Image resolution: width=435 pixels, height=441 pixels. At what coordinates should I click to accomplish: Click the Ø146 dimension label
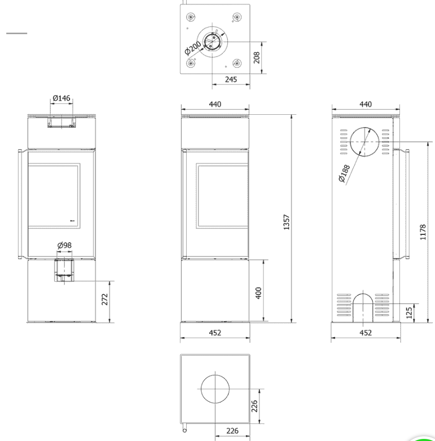point(61,98)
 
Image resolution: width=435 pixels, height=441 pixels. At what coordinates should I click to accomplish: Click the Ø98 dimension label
point(64,245)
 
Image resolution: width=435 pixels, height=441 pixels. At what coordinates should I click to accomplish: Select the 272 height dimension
point(105,299)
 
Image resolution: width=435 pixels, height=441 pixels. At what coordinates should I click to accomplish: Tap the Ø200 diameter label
point(193,48)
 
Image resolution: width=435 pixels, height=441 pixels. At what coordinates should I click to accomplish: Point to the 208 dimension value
point(256,57)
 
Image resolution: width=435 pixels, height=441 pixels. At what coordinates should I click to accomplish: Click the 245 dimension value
point(231,79)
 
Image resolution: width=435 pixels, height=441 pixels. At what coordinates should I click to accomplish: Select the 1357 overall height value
point(286,222)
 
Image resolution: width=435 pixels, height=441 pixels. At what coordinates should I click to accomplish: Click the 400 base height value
point(258,293)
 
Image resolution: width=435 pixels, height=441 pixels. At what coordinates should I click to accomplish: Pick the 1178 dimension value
point(423,232)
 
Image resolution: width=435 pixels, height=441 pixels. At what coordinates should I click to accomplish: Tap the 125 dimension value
point(409,313)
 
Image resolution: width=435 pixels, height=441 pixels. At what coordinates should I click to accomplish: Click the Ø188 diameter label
point(344,173)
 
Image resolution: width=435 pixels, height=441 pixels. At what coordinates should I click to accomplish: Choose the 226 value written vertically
point(254,406)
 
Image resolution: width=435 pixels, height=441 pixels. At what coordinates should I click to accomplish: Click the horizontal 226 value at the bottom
point(233,431)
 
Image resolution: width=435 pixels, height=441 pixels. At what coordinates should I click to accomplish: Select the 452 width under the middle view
point(215,333)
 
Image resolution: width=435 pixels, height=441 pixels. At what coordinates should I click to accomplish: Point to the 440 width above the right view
point(365,104)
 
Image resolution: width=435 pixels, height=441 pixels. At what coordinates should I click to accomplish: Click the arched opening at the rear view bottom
point(363,294)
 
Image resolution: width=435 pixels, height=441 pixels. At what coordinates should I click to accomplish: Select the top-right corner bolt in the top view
point(237,17)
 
